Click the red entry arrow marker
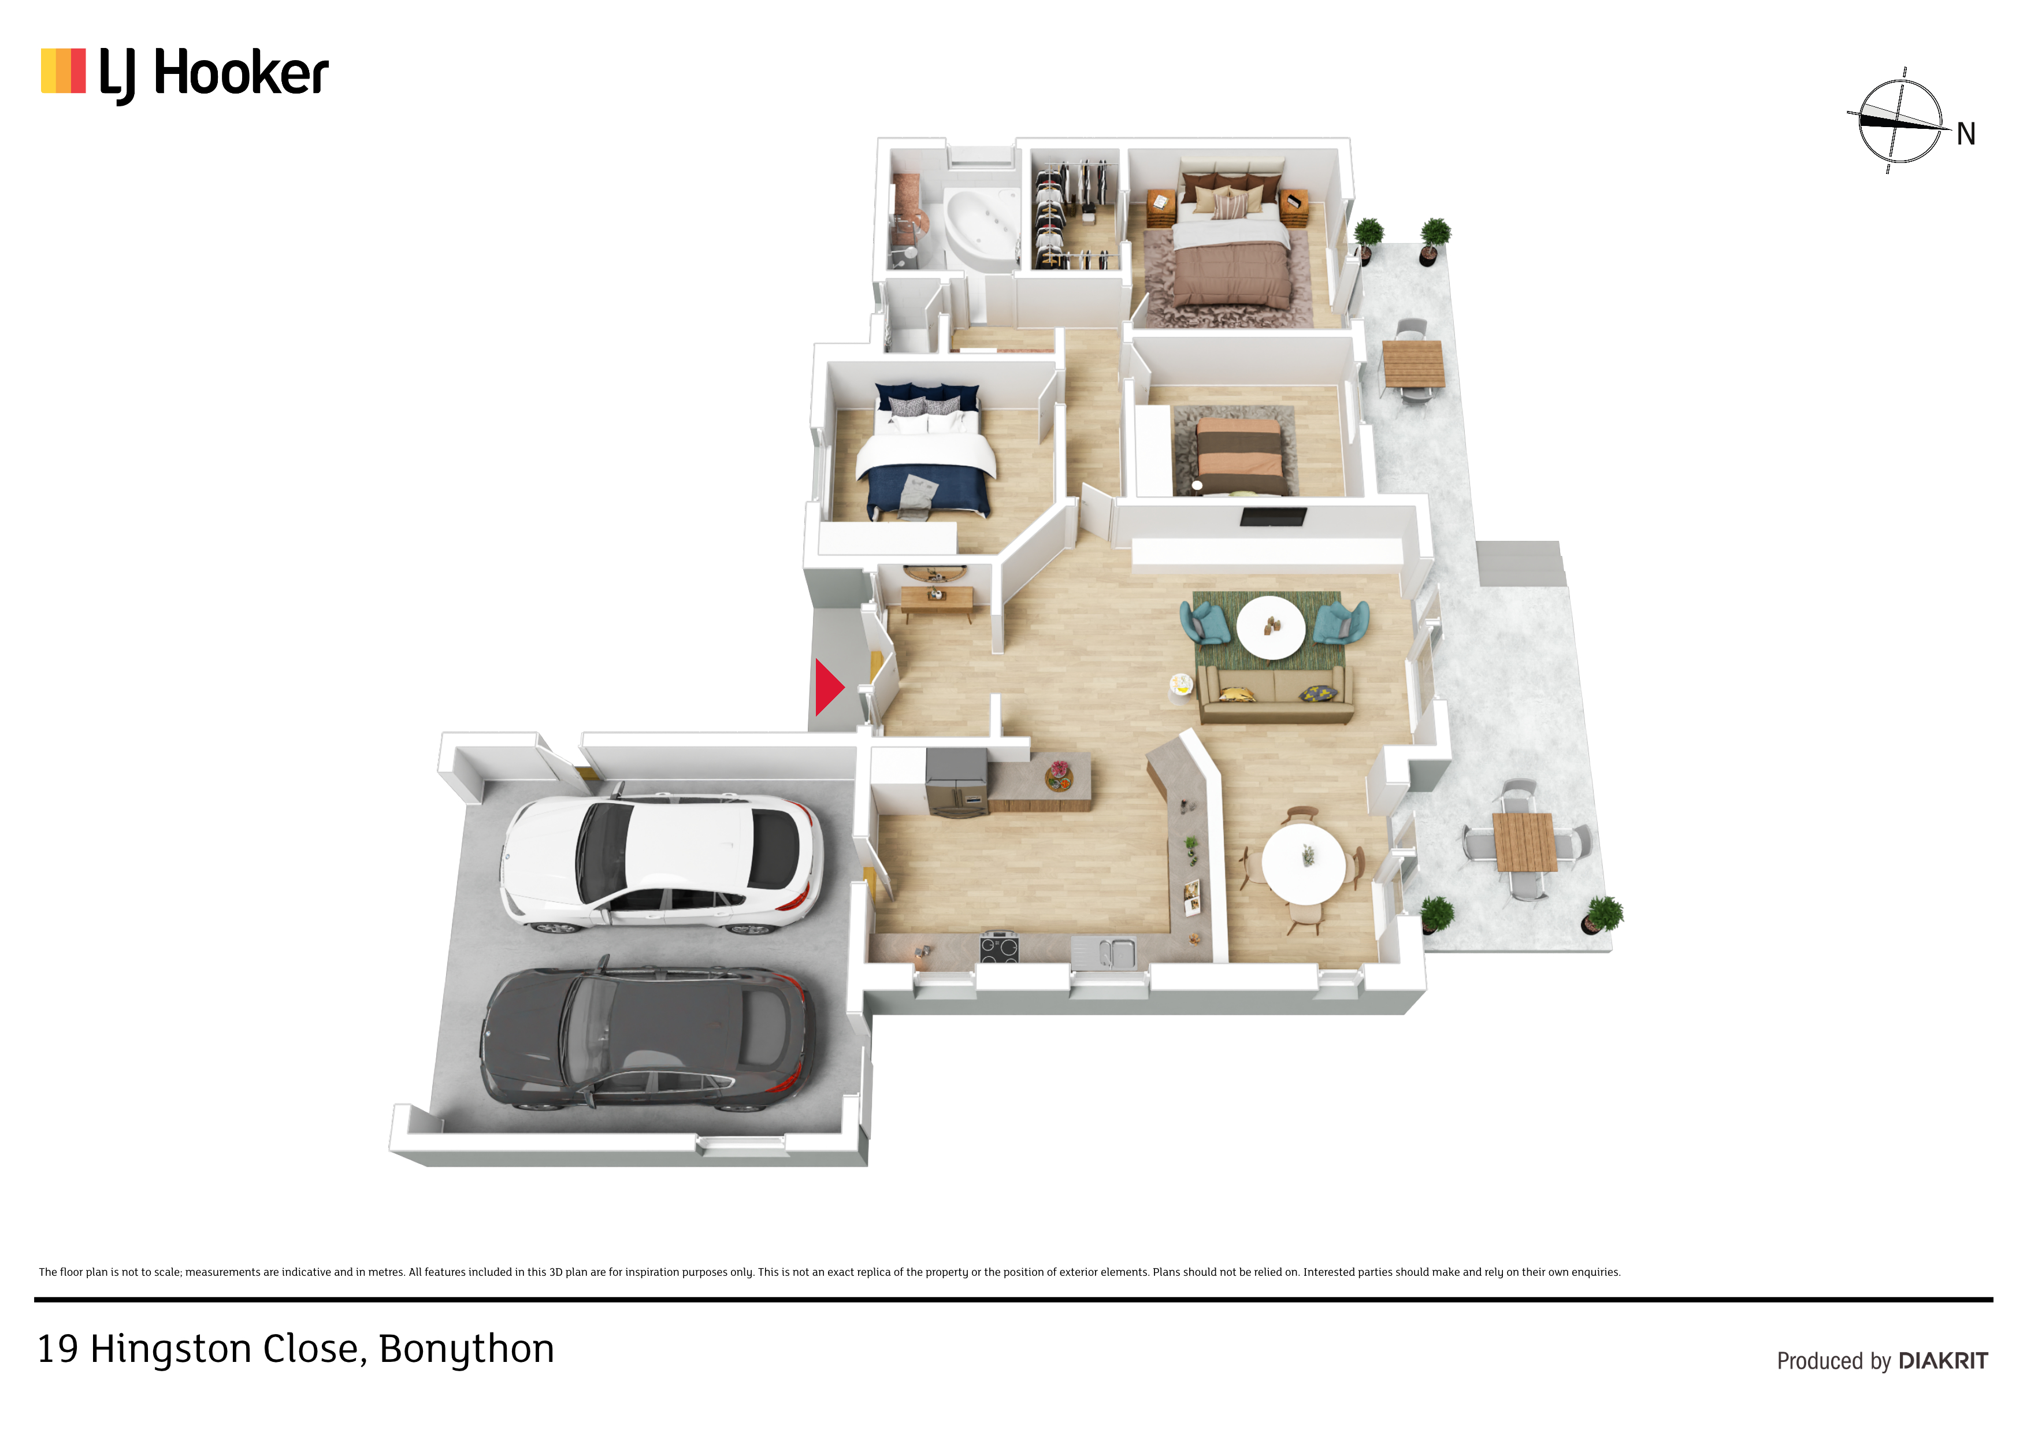[x=828, y=687]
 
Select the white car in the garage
[x=661, y=863]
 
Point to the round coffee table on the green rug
[x=1271, y=627]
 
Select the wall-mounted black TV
[x=1273, y=517]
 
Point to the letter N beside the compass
[x=1965, y=134]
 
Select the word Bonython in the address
[x=466, y=1350]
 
